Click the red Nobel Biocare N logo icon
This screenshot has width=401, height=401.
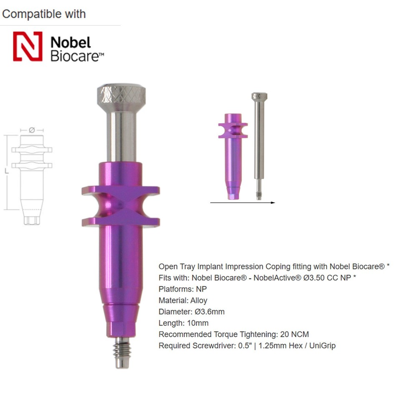[x=28, y=46]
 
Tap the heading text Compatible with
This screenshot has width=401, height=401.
[x=44, y=14]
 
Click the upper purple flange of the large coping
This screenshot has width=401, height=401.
[x=121, y=191]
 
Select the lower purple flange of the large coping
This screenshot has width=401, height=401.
[x=121, y=221]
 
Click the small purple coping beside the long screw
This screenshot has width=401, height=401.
[x=233, y=155]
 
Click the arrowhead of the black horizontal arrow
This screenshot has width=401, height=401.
[x=273, y=203]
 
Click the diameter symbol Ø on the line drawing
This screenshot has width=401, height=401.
[x=32, y=130]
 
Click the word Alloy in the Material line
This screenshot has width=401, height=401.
[x=198, y=300]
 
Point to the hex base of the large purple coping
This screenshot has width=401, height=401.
[x=122, y=328]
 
